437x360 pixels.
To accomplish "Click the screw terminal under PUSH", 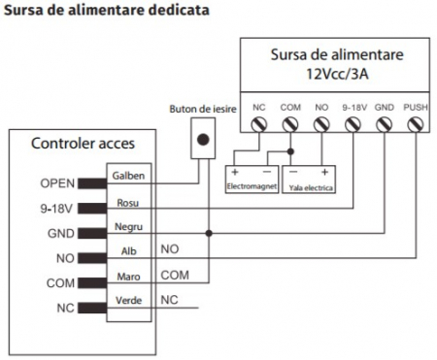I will point(415,124).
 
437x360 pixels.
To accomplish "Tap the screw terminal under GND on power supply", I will point(384,124).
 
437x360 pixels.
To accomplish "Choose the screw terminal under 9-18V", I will point(353,124).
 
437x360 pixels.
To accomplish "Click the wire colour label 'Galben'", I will point(129,176).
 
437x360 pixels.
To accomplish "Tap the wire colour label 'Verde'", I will point(128,302).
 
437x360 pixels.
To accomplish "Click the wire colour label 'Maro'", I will point(128,277).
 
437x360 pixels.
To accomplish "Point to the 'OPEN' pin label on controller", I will point(57,182).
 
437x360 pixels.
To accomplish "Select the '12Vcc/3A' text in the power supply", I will point(335,73).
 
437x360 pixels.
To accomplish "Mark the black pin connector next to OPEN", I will point(92,182).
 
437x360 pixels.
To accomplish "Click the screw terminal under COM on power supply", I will point(289,124).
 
